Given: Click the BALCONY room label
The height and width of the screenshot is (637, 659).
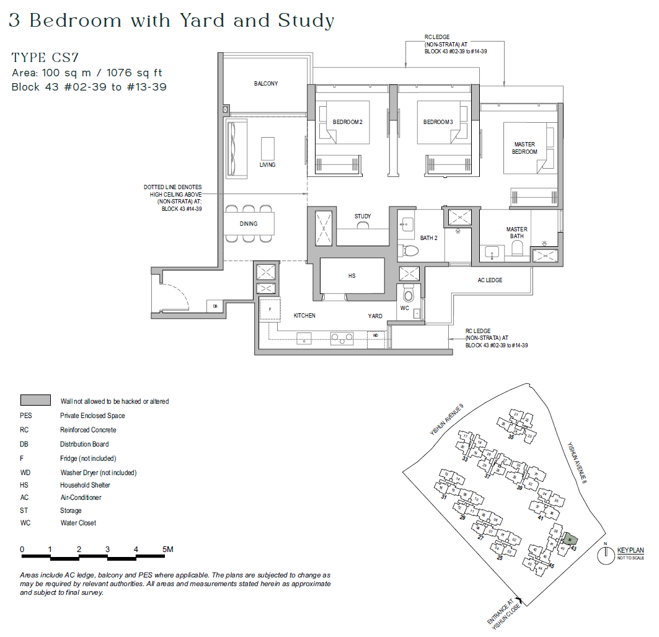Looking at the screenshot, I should (265, 84).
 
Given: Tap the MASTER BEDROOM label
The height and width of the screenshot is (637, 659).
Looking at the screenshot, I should (524, 148).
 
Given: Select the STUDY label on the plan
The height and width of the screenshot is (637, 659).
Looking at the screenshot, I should (363, 216).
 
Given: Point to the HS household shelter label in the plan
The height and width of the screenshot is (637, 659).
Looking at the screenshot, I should (352, 276).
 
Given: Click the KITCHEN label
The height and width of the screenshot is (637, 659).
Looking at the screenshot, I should (304, 316).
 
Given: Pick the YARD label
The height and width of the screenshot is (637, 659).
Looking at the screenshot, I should (375, 316).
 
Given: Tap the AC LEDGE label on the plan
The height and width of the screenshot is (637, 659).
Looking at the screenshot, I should (490, 280).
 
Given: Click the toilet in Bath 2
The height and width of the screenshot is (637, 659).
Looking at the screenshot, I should (410, 250).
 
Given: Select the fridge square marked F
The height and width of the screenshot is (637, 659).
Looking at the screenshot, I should (270, 308).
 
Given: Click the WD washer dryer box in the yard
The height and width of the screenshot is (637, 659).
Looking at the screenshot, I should (376, 335).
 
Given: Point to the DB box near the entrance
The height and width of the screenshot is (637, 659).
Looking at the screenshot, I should (215, 306).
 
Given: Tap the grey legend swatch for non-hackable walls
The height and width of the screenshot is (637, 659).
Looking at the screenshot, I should (35, 401).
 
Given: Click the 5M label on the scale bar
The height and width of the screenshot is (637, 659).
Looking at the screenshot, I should (167, 550).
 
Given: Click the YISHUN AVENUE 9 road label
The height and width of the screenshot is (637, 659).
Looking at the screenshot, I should (446, 421).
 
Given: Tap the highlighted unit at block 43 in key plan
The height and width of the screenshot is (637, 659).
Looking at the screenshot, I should (570, 540).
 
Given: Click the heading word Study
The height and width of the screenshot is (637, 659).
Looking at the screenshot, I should (306, 21).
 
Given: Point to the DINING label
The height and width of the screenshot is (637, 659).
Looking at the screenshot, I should (249, 224).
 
